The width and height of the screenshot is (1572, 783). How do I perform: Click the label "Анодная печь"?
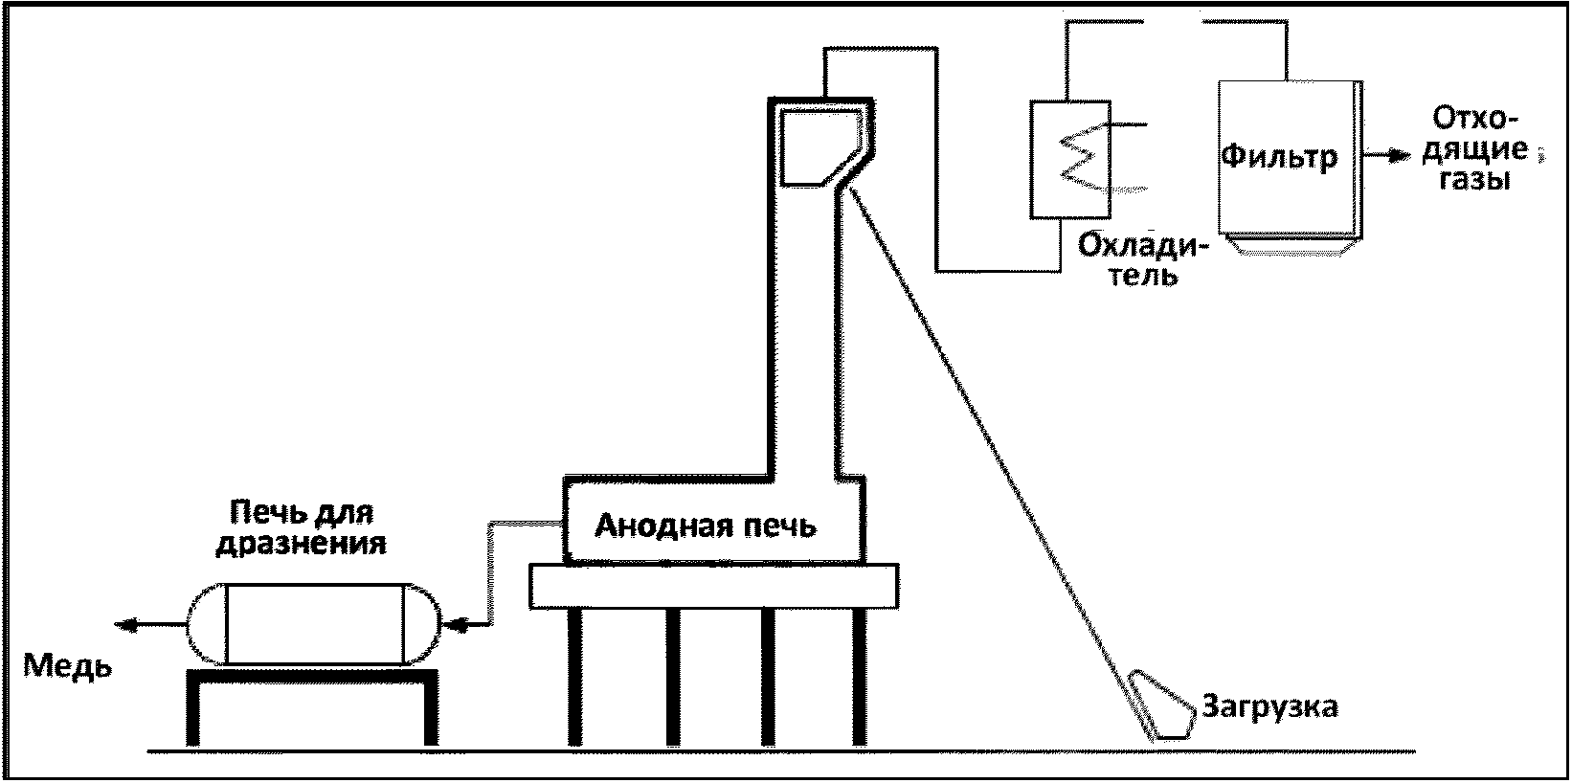(x=706, y=526)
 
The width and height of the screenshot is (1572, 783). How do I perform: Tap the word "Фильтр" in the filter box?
(x=1279, y=155)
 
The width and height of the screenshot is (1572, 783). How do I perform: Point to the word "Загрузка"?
(x=1269, y=707)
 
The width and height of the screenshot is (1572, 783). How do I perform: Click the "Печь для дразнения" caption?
(x=301, y=529)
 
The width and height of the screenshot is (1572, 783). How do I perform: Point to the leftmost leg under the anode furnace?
(x=574, y=676)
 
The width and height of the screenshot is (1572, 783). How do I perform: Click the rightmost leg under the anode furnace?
(x=860, y=676)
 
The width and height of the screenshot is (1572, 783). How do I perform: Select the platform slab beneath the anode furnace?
(x=713, y=586)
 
